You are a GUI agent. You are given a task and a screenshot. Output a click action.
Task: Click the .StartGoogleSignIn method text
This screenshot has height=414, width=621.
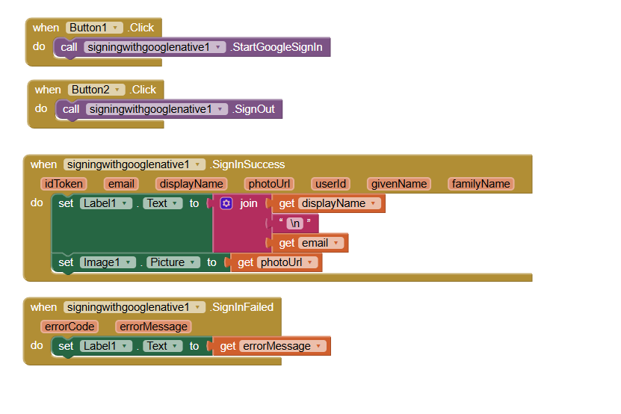pos(276,47)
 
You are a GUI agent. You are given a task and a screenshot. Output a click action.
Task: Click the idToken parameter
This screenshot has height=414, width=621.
pos(64,184)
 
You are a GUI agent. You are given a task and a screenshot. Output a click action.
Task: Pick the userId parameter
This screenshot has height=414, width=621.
pos(330,184)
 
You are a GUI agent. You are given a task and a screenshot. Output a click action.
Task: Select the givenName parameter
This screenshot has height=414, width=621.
pos(400,184)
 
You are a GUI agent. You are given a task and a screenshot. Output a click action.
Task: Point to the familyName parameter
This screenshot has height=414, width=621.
pos(481,184)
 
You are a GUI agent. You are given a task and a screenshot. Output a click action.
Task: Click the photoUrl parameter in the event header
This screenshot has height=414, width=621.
pos(269,184)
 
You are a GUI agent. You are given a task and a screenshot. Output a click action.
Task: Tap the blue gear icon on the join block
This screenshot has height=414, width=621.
pos(226,203)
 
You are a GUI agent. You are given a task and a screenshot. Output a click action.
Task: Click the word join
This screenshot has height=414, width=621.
pos(248,203)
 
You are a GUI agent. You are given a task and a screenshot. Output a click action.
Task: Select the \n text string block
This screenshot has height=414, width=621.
pos(294,223)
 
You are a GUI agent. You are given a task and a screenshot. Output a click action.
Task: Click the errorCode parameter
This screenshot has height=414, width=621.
pos(70,327)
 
